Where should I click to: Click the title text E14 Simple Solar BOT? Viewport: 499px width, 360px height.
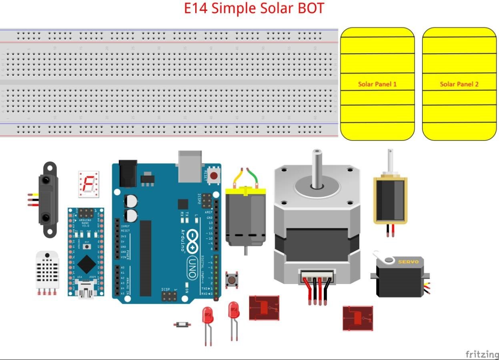point(254,8)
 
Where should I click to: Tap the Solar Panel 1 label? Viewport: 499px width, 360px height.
point(377,84)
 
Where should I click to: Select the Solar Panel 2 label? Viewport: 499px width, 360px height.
point(459,84)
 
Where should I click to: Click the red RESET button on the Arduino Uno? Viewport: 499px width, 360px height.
point(214,175)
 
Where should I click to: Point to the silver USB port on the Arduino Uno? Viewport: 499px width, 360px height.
point(190,166)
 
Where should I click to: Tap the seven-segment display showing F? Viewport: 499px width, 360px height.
point(88,184)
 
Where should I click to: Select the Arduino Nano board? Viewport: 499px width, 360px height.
point(86,252)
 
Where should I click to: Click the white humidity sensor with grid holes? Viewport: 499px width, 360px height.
point(47,270)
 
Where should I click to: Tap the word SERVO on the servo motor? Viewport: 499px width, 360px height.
point(408,262)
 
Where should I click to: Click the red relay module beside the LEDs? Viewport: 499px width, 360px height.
point(264,308)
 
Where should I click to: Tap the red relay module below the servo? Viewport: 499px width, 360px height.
point(358,318)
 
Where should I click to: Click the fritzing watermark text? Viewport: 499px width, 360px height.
point(482,354)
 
